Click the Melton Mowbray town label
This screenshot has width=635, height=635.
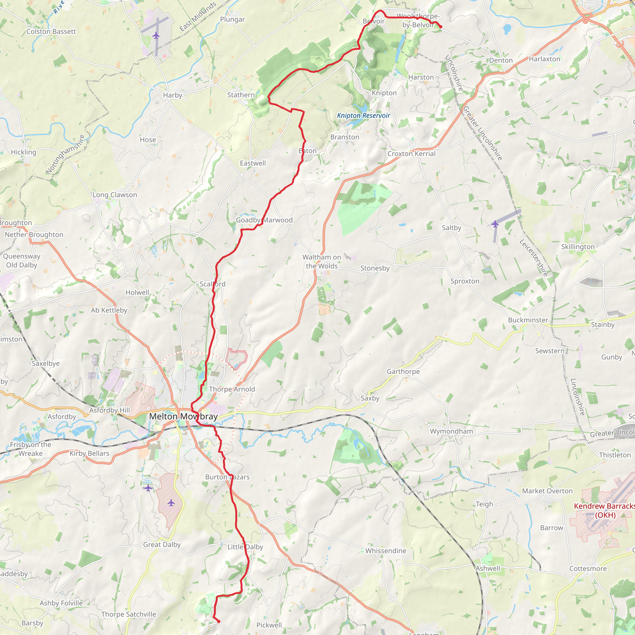point(183,416)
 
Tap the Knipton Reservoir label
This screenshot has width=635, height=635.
point(363,115)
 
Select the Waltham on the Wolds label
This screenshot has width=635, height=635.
point(322,262)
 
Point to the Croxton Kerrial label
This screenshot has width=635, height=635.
point(411,153)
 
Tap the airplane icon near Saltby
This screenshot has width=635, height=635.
point(495,224)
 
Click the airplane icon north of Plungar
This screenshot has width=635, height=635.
point(156,35)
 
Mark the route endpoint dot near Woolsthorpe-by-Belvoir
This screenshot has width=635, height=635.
point(440,27)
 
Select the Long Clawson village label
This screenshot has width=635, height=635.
point(115,195)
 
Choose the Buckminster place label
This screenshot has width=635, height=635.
point(528,320)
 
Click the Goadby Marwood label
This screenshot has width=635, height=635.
point(264,220)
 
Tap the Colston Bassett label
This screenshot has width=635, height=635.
point(51,32)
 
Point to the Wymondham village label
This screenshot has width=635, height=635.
point(451,431)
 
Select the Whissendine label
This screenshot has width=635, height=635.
point(385,551)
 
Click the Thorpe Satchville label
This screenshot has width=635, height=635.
point(128,614)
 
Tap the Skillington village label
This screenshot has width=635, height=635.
point(577,246)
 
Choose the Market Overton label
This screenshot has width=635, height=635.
point(547,491)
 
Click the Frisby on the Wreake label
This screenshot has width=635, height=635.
point(31,449)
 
